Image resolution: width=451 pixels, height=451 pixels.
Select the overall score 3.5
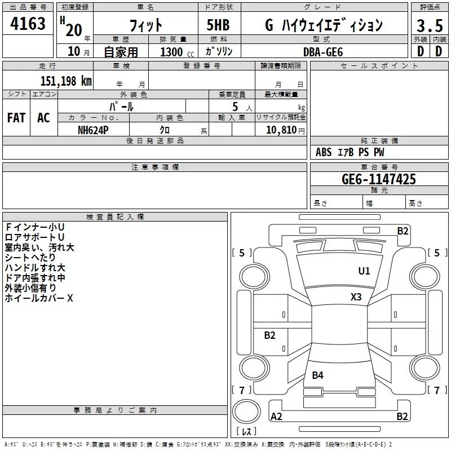pos(429,26)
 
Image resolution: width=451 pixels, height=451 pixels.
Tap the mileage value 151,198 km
pos(66,81)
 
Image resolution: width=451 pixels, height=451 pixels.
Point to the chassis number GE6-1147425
pos(379,179)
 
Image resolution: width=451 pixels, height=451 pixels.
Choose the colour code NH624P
pos(93,129)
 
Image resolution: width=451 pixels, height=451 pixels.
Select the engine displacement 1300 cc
pos(175,52)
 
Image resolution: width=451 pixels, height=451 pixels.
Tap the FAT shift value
pos(16,118)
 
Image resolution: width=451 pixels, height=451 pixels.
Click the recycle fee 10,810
pos(280,130)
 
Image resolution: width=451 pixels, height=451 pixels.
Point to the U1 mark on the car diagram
pos(364,271)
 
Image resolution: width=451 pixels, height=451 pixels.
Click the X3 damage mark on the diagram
pos(356,297)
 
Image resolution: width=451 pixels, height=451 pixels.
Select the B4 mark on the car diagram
pos(318,375)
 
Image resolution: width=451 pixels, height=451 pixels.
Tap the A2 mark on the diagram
pos(277,417)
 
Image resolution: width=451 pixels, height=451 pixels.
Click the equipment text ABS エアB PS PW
pos(350,152)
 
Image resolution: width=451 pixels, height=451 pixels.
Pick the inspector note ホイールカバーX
pos(39,298)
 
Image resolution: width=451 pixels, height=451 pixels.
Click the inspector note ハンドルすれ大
pos(35,267)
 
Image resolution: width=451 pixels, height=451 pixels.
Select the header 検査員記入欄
pos(115,216)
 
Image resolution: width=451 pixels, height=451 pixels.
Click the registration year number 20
pos(74,29)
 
